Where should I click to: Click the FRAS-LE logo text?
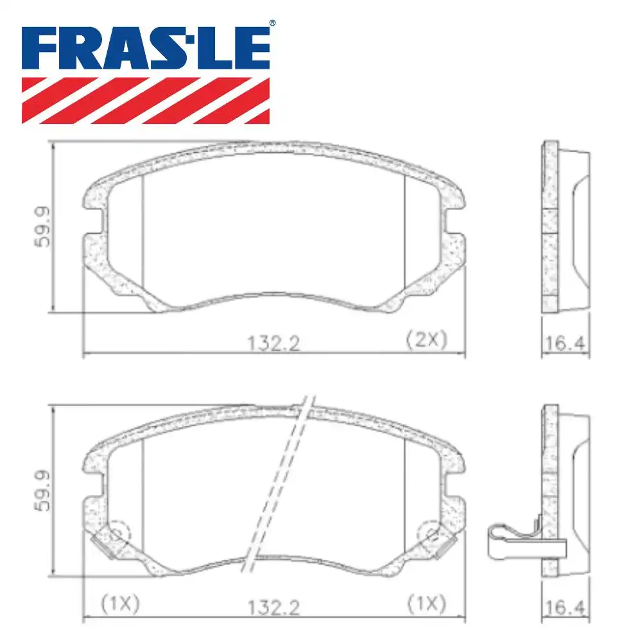point(146,48)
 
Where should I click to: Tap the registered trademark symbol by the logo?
point(272,24)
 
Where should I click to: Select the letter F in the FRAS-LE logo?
point(40,48)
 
